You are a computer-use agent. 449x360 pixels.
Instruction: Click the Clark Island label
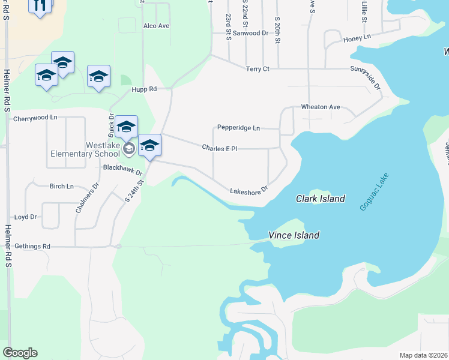tap(321, 199)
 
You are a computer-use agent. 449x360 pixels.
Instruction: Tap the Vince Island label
tap(294, 236)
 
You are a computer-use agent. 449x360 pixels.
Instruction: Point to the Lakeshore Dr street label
tap(248, 191)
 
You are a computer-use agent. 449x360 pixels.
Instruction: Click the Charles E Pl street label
tap(220, 148)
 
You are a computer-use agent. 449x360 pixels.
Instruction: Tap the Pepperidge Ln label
tap(238, 128)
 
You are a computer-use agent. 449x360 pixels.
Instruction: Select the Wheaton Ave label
tap(321, 107)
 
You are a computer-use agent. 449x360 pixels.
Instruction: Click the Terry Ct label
tap(258, 69)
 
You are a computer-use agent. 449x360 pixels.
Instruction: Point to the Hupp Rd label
tap(144, 89)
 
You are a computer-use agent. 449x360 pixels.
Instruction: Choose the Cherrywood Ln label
tap(35, 118)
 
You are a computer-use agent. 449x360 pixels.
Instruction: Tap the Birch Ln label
tap(61, 186)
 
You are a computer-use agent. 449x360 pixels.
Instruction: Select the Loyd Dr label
tap(25, 217)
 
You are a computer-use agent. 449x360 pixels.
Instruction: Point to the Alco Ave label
tap(156, 26)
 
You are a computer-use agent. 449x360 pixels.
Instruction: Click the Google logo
tap(20, 353)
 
